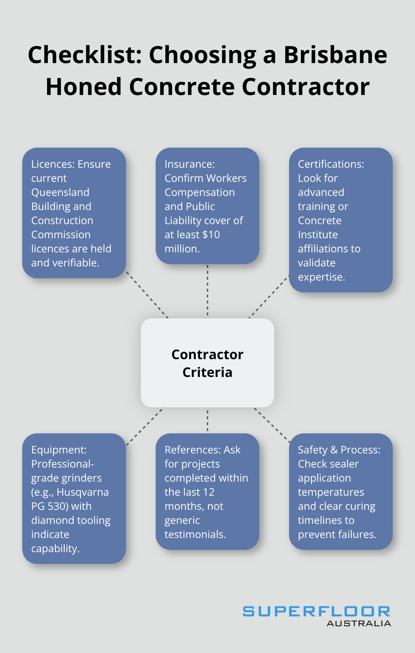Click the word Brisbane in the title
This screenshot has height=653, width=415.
335,55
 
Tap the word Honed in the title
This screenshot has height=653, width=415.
84,87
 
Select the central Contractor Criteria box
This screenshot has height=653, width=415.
207,363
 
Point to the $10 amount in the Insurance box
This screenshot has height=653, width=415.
212,234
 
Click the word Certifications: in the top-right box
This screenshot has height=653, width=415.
331,164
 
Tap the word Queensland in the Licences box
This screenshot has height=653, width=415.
60,192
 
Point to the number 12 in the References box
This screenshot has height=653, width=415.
209,492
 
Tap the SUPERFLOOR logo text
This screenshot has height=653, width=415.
316,611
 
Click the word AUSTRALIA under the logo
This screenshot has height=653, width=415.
359,624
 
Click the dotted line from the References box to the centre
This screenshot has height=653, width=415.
207,421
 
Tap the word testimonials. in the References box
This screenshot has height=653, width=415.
195,534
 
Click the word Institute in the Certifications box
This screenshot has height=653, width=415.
318,234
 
